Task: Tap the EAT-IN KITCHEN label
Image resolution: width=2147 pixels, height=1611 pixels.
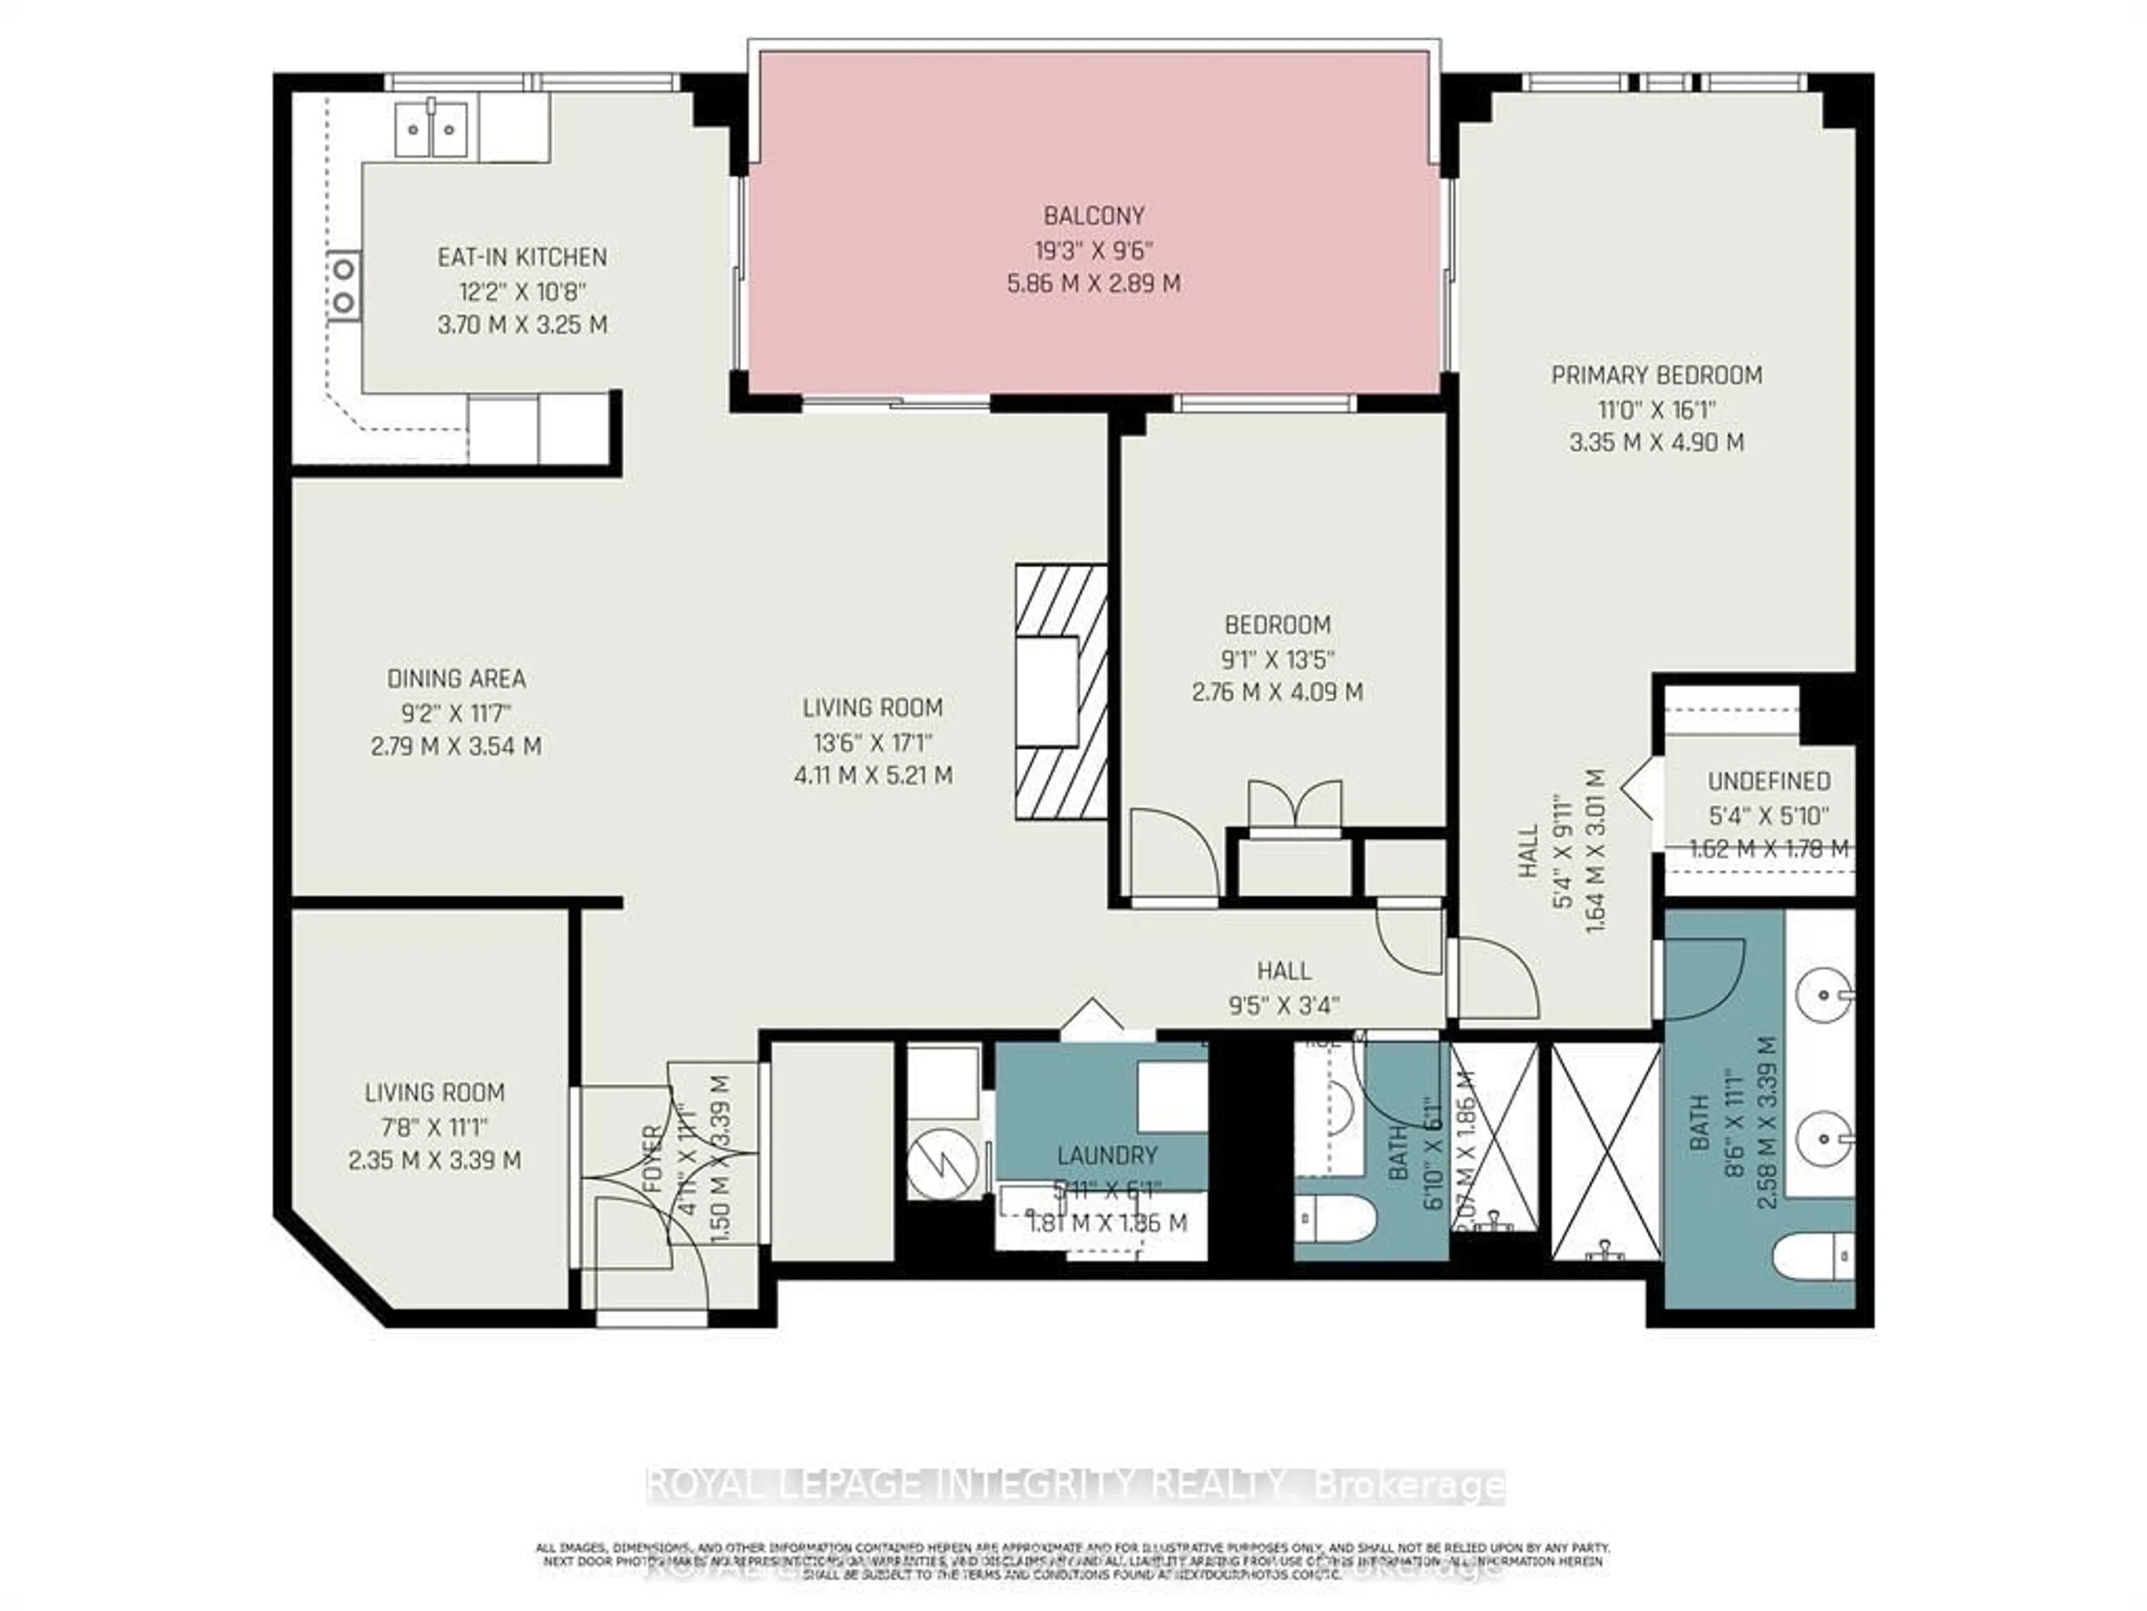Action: [x=522, y=257]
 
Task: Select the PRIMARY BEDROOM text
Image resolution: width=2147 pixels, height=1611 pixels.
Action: [x=1657, y=375]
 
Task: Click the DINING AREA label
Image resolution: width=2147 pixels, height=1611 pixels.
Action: [x=456, y=679]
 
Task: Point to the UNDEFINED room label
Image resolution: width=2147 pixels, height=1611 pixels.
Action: [x=1768, y=781]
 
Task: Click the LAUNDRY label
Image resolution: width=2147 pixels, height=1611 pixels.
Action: [x=1106, y=1156]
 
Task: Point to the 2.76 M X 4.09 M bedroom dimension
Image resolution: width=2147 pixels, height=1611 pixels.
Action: [x=1278, y=693]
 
